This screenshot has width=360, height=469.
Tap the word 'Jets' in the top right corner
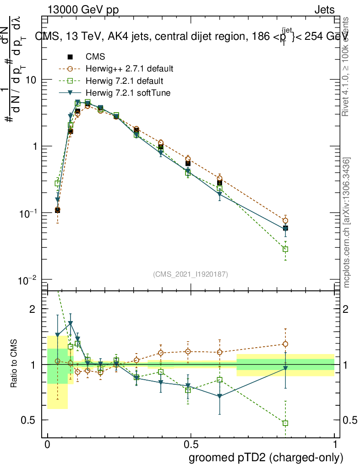(x=324, y=10)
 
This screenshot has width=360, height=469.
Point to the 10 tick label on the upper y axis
(x=31, y=80)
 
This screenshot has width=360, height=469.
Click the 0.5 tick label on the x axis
(x=191, y=445)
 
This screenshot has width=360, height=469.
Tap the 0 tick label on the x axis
(x=47, y=445)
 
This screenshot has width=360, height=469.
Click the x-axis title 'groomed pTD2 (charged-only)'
(x=266, y=458)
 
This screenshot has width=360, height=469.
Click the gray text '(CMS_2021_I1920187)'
(x=191, y=274)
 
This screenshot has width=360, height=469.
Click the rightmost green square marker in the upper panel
(x=285, y=249)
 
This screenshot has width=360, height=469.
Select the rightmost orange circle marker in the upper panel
(x=285, y=220)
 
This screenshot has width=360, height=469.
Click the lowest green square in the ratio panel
(x=285, y=423)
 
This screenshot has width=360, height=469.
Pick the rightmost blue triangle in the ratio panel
(x=285, y=368)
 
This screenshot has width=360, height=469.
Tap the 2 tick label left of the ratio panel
(x=32, y=309)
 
